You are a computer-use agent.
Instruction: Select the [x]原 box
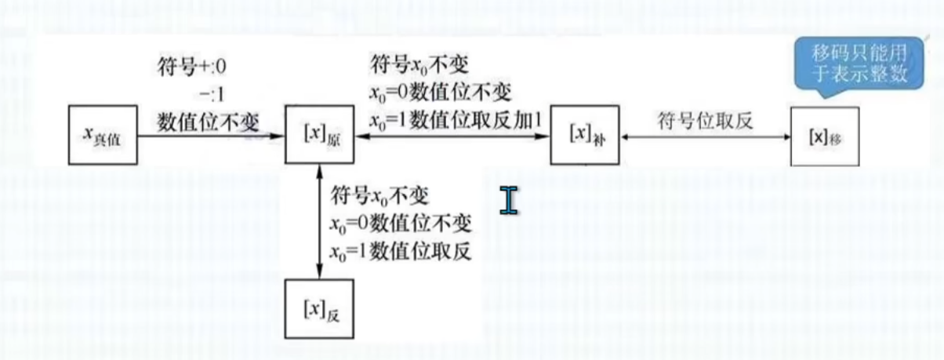318,136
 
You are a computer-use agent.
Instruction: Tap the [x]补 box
582,136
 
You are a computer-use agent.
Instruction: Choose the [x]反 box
318,307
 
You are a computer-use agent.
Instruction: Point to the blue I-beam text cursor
510,200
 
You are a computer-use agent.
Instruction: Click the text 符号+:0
192,64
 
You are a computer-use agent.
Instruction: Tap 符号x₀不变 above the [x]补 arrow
419,64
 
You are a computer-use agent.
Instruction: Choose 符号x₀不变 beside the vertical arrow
380,195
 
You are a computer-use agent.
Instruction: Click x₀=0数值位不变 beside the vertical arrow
400,224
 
